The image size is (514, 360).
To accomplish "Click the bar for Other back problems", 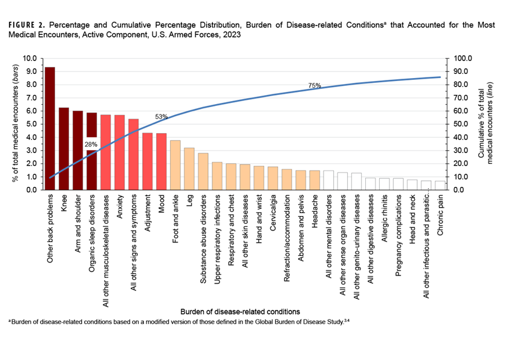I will [50, 128].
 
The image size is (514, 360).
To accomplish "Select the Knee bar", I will [63, 148].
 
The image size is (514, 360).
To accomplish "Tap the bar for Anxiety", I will [119, 152].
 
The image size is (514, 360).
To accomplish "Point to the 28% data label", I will [91, 144].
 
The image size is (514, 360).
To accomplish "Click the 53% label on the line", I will [161, 116].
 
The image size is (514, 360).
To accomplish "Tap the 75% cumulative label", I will [314, 86].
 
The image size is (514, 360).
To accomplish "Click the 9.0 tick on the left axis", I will [30, 71].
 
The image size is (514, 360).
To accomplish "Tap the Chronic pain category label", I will [441, 215].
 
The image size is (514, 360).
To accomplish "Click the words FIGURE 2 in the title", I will [28, 25].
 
